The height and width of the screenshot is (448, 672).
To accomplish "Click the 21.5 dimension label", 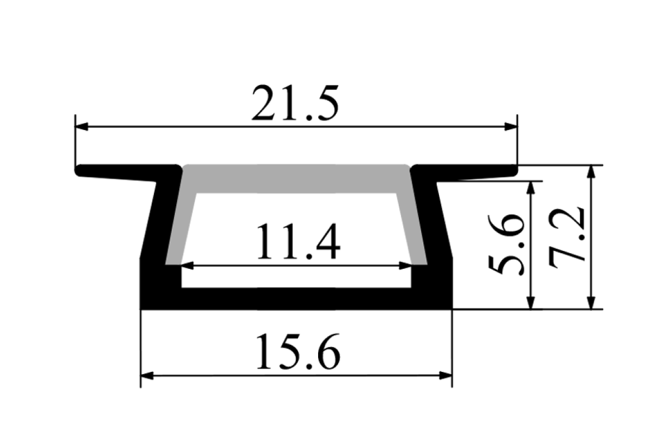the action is coord(295,103).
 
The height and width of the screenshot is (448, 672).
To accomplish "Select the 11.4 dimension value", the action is coord(298,241).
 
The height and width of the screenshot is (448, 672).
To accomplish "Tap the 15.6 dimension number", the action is coord(298,352).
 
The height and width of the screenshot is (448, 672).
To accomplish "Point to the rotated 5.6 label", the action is coord(506,245).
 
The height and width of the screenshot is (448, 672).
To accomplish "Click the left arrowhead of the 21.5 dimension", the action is coord(82,127).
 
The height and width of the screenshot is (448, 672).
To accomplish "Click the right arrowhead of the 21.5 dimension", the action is coord(511,127).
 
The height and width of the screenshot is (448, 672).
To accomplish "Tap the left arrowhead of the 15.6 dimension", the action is coord(147,375).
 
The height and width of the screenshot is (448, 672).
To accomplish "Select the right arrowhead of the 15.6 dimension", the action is coord(446,375).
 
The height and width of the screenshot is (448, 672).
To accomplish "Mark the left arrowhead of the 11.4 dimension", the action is coord(188,265).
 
